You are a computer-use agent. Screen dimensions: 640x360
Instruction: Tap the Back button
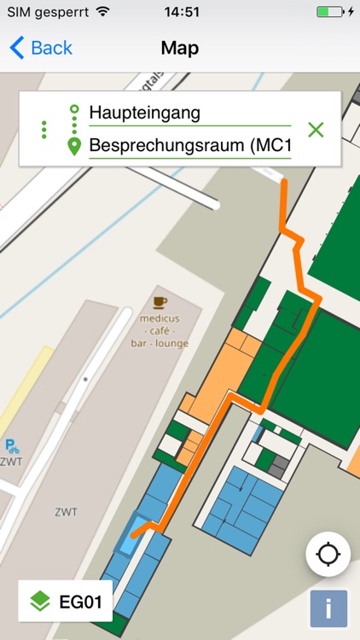tap(40, 48)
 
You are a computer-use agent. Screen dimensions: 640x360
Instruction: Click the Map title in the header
tap(180, 48)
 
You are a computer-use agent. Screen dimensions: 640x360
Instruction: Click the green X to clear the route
tap(316, 130)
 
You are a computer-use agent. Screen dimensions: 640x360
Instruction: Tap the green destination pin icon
tap(74, 147)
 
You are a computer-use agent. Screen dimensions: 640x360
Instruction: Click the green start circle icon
tap(74, 110)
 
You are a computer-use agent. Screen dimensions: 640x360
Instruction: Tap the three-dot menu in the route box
tap(44, 130)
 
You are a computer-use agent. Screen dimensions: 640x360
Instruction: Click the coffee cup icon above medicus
tap(160, 301)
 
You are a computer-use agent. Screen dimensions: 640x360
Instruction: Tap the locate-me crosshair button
tap(328, 555)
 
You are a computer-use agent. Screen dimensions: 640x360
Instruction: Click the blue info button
tap(328, 609)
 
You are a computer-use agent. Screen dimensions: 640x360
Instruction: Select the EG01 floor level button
tap(66, 602)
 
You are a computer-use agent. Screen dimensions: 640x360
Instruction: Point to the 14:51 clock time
tap(180, 12)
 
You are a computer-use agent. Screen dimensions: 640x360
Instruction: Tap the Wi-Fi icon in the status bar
tap(103, 12)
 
